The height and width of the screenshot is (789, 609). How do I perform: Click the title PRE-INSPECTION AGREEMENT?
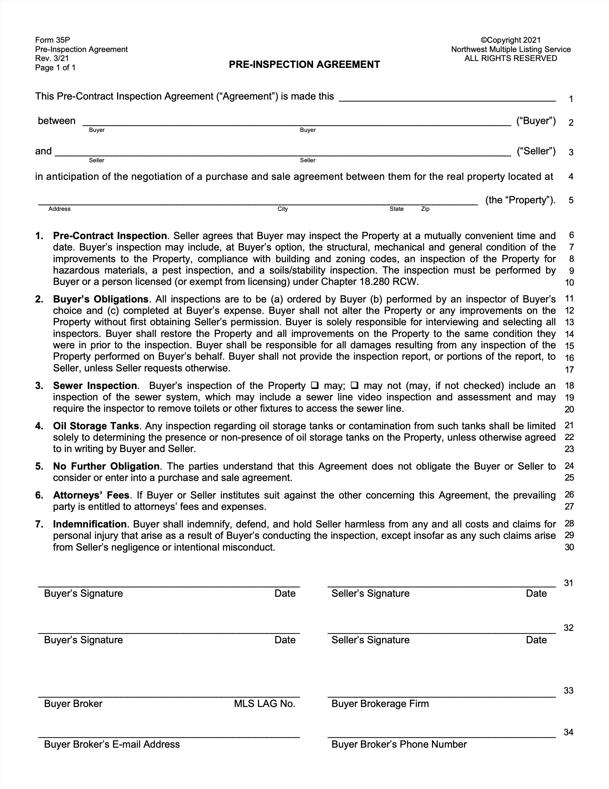[x=304, y=65]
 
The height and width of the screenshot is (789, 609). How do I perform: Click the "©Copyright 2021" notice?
[x=510, y=40]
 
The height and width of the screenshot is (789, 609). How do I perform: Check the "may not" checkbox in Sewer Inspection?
[x=354, y=386]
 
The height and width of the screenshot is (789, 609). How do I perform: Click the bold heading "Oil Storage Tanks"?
[x=96, y=426]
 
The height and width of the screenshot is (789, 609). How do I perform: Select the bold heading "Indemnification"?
[x=90, y=524]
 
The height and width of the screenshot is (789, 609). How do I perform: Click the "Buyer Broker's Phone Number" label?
[x=399, y=744]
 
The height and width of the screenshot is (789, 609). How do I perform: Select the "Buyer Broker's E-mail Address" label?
[x=112, y=744]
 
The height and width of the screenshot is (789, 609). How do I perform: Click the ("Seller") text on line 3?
[x=536, y=151]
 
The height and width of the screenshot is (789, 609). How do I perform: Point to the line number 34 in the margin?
[x=569, y=732]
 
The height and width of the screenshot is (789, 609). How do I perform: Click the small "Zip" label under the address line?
[x=425, y=209]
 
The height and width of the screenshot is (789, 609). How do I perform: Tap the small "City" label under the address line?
[x=282, y=209]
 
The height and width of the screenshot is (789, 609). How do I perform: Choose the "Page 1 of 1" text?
[x=55, y=68]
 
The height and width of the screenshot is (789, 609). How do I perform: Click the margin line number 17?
[x=569, y=370]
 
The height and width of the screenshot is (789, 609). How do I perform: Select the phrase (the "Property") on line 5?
[x=520, y=200]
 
